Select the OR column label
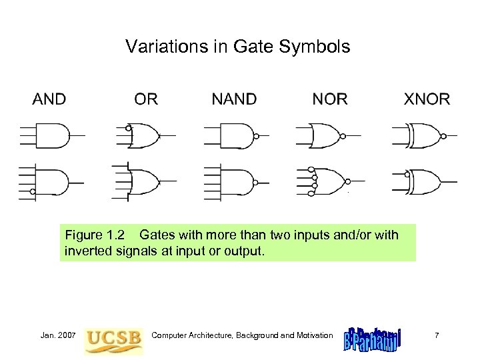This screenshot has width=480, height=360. tap(146, 99)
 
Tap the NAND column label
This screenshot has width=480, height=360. tap(233, 99)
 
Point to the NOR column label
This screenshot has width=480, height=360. tap(329, 99)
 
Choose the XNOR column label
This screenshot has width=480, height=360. tap(427, 99)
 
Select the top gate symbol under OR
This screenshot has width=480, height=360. tap(147, 136)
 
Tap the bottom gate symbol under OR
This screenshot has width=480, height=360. tap(147, 180)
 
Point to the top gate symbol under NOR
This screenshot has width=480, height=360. tap(327, 136)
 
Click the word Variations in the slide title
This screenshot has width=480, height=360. tap(155, 47)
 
